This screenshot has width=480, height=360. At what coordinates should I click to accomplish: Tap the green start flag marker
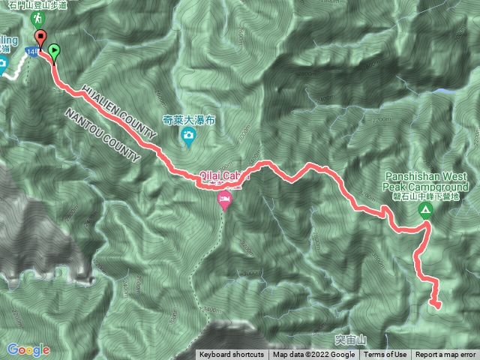(55, 52)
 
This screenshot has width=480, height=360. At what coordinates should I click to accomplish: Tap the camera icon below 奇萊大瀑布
(187, 135)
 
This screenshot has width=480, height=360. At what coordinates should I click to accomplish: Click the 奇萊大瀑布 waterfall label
(187, 118)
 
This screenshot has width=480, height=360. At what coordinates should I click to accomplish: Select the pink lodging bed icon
(223, 201)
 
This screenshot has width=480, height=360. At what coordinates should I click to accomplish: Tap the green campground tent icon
(425, 211)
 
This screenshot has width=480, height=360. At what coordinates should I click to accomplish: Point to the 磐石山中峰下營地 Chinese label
(430, 196)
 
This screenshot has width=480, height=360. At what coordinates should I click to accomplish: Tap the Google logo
(28, 349)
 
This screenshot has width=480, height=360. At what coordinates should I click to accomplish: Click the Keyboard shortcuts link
(232, 355)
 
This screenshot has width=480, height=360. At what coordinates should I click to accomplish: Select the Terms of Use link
(385, 355)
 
